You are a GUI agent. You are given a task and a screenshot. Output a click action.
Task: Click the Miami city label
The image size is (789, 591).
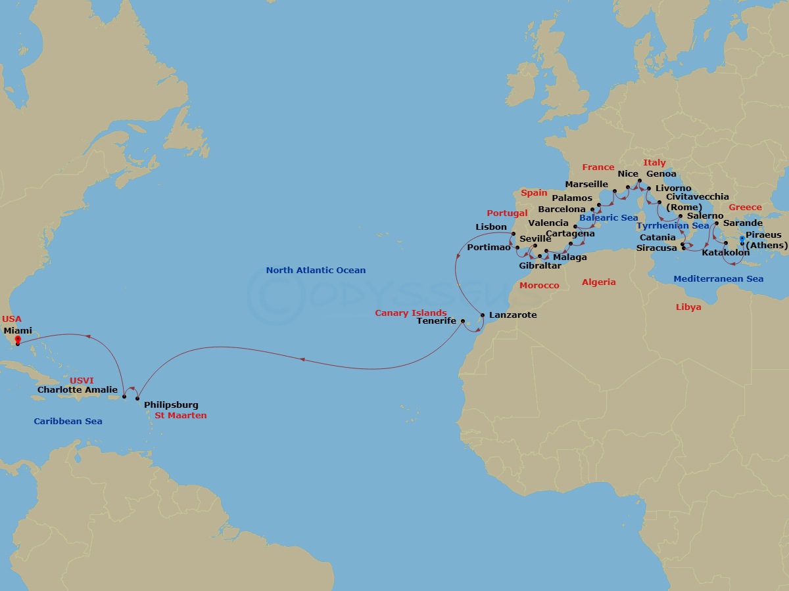tap(18, 330)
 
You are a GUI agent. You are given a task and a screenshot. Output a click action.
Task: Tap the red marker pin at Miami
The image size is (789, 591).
tap(18, 340)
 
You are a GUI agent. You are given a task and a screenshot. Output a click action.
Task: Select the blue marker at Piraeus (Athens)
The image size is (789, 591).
tap(742, 240)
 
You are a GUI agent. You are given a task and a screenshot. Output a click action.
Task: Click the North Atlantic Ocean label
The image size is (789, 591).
tap(316, 270)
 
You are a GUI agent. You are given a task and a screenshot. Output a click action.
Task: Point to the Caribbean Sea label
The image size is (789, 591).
tap(68, 421)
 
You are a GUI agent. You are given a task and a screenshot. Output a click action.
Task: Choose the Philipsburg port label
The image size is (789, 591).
tap(171, 405)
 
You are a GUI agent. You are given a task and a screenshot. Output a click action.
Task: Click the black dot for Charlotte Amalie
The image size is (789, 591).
tap(124, 397)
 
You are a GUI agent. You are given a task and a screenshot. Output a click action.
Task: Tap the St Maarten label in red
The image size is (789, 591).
tap(180, 416)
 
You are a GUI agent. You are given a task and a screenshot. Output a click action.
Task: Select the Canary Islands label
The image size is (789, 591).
tap(411, 313)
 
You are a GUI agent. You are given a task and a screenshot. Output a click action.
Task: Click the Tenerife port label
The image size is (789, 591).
tap(437, 321)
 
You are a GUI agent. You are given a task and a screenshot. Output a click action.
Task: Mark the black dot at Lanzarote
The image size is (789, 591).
tap(483, 316)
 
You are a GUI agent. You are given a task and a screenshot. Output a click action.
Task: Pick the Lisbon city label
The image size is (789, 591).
tap(491, 227)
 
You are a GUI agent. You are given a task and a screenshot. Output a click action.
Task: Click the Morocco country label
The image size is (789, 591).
tap(539, 285)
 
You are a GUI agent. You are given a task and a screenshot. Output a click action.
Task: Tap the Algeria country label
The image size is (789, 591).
tap(599, 282)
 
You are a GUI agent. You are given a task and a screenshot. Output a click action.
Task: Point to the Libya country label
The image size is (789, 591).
tap(688, 307)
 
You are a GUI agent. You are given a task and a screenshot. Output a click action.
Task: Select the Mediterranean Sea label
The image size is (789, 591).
tap(718, 278)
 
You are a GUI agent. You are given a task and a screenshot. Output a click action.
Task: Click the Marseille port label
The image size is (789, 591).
tap(586, 184)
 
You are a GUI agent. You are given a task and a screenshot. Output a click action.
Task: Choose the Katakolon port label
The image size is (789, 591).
tap(726, 252)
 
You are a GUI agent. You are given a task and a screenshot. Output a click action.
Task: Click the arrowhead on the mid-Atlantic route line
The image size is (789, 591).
tap(301, 359)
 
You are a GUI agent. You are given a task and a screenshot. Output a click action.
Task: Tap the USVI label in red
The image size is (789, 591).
tap(82, 380)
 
